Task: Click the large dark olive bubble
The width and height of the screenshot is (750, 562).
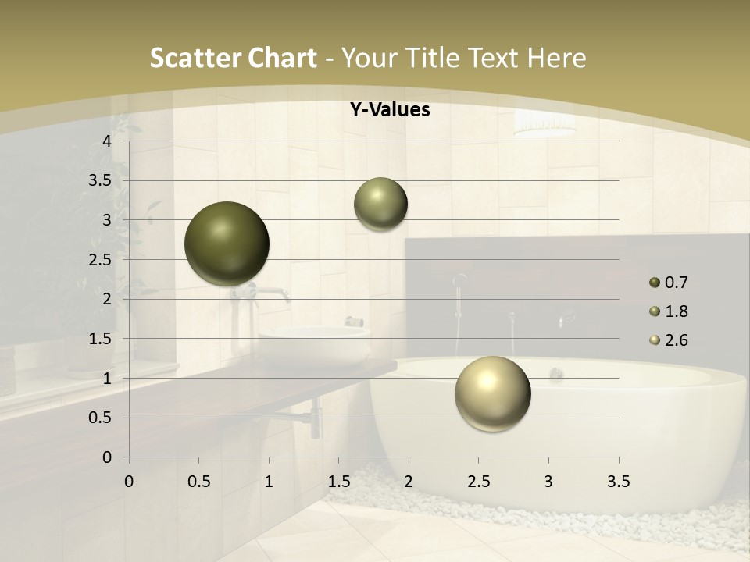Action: pyautogui.click(x=227, y=244)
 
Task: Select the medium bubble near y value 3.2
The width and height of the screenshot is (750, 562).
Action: pyautogui.click(x=380, y=204)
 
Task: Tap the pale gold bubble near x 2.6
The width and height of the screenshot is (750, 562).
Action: pyautogui.click(x=493, y=393)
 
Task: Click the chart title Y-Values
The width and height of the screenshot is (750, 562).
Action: pyautogui.click(x=389, y=110)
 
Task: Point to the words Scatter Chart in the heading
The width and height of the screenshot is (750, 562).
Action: pyautogui.click(x=233, y=58)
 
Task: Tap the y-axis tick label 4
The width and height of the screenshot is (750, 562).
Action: pyautogui.click(x=107, y=141)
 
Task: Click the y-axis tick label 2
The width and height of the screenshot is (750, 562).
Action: pyautogui.click(x=107, y=299)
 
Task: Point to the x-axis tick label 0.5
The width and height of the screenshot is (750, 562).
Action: pyautogui.click(x=198, y=482)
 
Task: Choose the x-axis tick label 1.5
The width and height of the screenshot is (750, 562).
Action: pyautogui.click(x=338, y=482)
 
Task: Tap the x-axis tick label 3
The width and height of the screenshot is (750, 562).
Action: pyautogui.click(x=548, y=482)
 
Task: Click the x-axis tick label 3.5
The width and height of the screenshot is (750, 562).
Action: pyautogui.click(x=618, y=482)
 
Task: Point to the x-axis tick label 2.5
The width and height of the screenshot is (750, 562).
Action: pyautogui.click(x=478, y=482)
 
